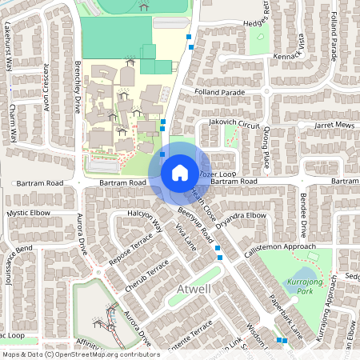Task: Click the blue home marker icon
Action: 179,173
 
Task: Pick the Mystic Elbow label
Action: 29,214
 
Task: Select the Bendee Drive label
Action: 302,215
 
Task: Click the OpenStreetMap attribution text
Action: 80,354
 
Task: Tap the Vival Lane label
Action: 185,241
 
